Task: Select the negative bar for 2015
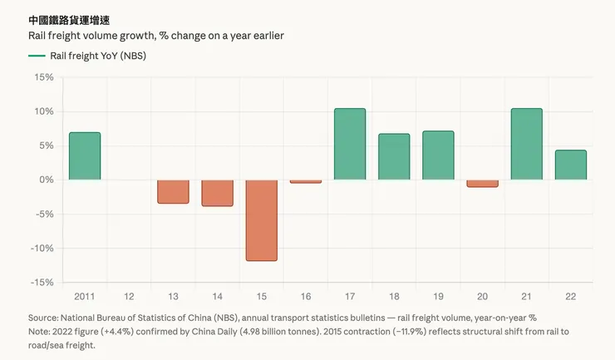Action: tap(261, 220)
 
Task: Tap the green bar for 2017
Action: tap(350, 144)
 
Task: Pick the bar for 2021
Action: tap(526, 144)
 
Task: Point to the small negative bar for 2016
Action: tap(305, 181)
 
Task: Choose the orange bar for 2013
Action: tap(173, 191)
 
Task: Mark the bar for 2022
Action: tap(570, 165)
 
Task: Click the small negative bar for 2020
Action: tap(482, 183)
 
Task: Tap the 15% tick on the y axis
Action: tap(43, 77)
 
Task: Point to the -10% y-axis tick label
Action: tap(41, 249)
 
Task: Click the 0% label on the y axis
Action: tap(46, 180)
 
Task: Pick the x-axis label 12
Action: tap(129, 296)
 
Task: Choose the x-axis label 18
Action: tap(394, 296)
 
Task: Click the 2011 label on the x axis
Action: tap(85, 296)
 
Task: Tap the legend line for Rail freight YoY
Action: tap(37, 56)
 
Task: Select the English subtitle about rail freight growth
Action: tap(157, 35)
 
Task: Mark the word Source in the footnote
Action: tap(44, 318)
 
